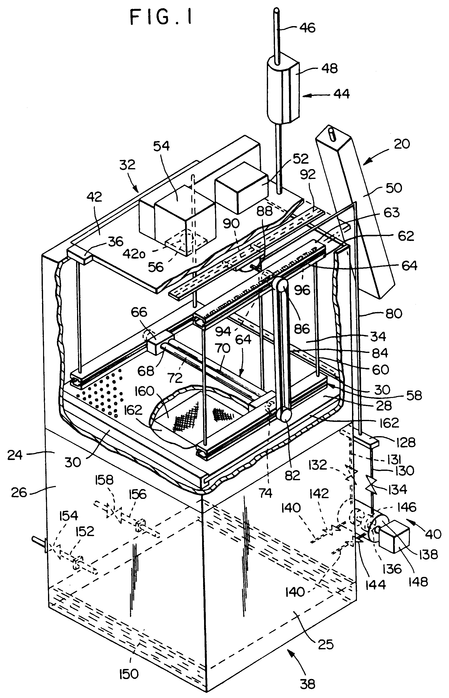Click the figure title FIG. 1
pyautogui.click(x=161, y=17)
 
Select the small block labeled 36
pyautogui.click(x=79, y=256)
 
